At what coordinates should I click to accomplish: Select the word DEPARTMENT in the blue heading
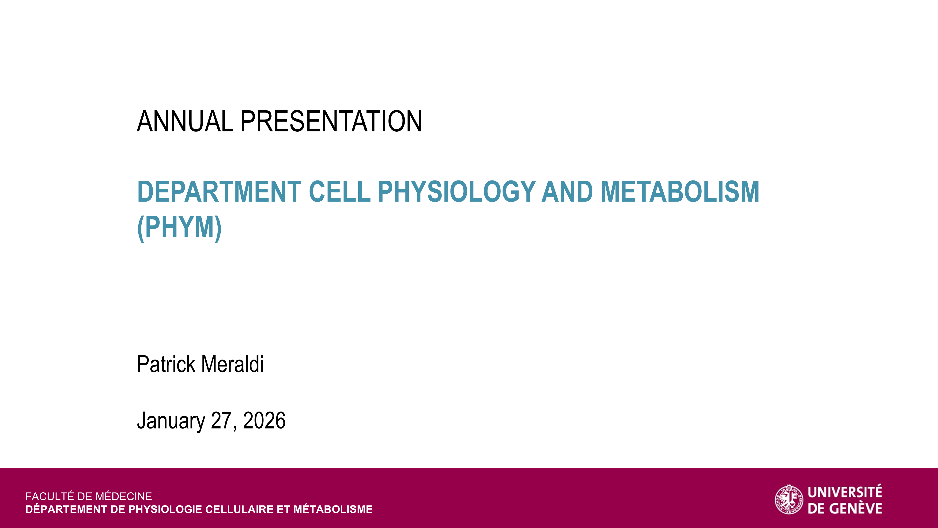point(219,192)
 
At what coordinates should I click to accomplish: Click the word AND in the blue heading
point(567,192)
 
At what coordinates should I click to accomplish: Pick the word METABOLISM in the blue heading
point(680,192)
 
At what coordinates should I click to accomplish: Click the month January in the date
point(171,421)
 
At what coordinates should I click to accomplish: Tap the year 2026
point(264,421)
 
